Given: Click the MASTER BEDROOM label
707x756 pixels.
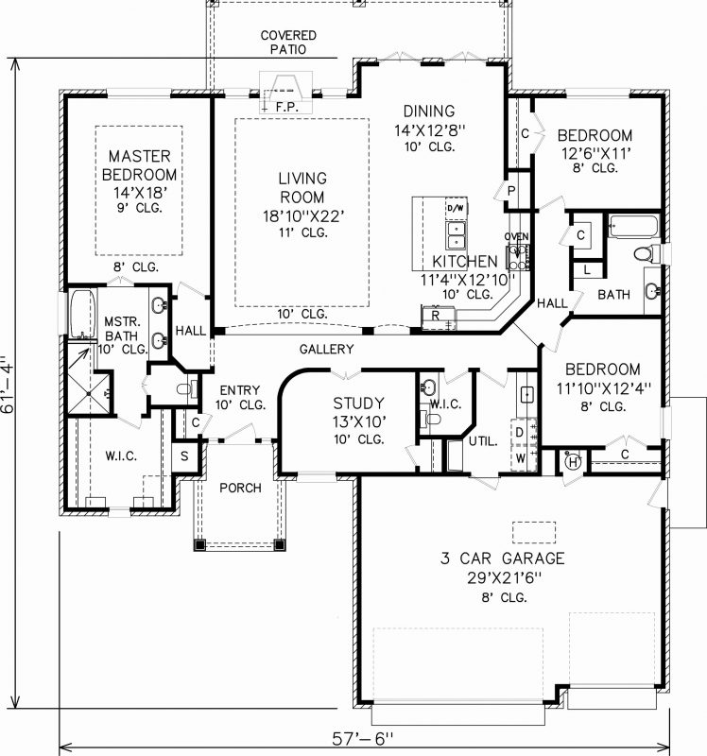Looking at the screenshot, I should point(139,165).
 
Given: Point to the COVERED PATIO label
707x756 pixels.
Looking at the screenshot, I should point(288,43).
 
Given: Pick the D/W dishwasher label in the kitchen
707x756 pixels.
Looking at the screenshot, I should point(455,208).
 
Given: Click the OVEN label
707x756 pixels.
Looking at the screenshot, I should point(516,236).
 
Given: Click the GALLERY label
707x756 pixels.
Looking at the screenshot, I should point(326,350).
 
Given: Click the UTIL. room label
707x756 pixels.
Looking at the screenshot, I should point(483,441).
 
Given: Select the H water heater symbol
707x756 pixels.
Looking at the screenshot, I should point(573,460).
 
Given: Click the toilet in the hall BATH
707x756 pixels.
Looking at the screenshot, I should point(646,253).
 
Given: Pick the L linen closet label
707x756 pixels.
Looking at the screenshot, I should point(587,269).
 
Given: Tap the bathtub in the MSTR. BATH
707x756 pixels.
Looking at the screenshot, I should point(78,313).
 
